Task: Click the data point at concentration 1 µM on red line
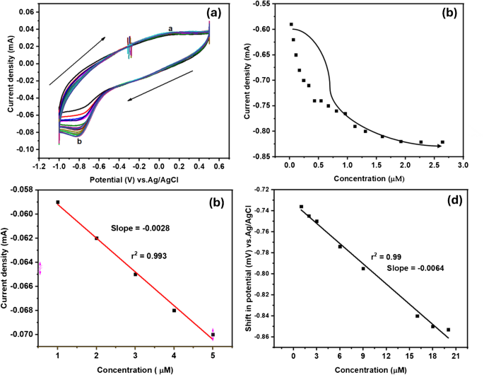[58, 202]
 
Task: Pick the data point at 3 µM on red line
[136, 274]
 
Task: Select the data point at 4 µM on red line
[175, 310]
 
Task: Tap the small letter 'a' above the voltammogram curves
[170, 28]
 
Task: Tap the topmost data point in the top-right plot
[290, 25]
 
